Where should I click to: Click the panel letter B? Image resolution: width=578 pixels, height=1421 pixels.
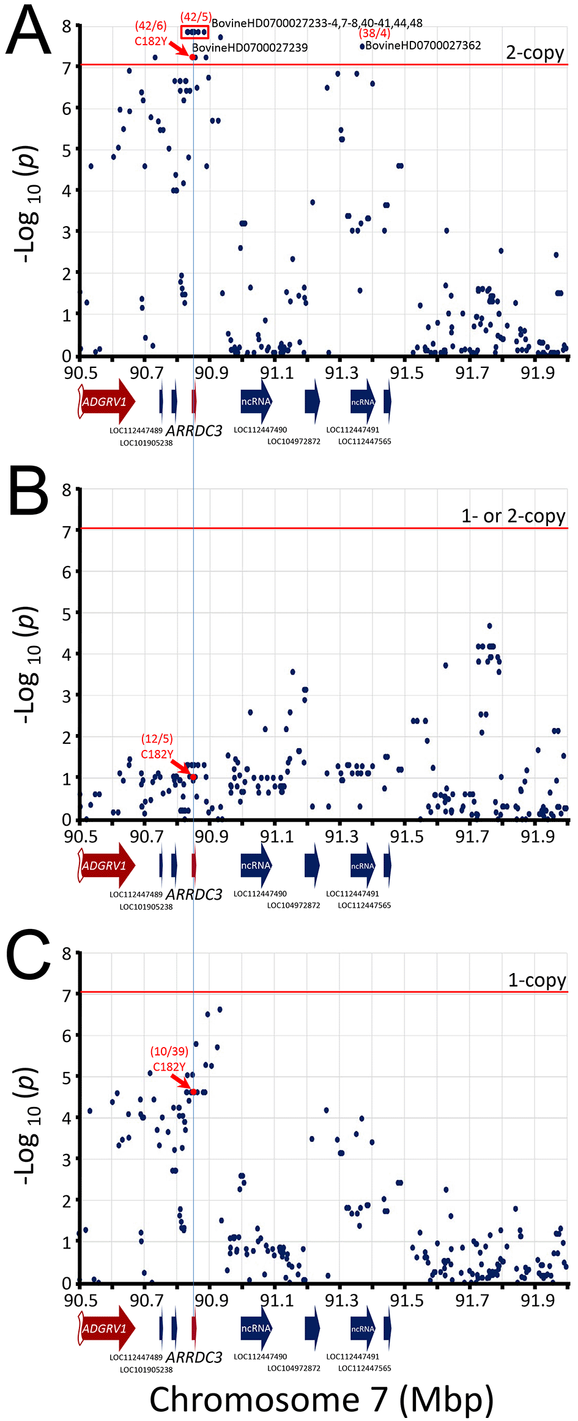28,491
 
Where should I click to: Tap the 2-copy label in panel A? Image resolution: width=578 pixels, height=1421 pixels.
535,53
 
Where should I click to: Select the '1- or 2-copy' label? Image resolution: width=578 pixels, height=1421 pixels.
513,516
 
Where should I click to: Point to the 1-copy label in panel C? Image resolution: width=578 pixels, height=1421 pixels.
537,980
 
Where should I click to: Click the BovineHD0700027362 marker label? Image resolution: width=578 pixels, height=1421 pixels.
423,46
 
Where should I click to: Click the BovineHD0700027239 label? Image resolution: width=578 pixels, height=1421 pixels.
250,48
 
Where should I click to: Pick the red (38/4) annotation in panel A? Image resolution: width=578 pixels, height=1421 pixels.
374,34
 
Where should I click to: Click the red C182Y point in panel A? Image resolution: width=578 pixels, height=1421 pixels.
193,57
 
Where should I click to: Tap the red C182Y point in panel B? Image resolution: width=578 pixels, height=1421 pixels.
193,777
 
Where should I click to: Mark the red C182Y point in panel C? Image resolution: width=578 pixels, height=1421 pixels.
193,1092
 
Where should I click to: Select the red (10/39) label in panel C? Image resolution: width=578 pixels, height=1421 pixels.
169,1051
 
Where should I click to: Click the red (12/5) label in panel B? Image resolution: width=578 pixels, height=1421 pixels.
157,739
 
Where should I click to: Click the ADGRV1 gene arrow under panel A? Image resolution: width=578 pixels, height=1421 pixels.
105,402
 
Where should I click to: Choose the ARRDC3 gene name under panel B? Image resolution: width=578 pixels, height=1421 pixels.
194,895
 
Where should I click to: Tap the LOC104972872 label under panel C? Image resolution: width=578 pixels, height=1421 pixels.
294,1368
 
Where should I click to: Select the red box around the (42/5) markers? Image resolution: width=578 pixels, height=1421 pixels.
195,32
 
